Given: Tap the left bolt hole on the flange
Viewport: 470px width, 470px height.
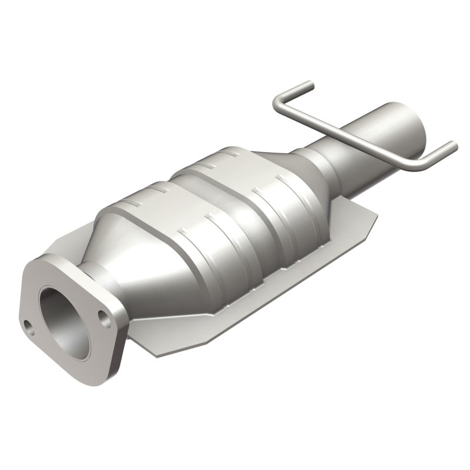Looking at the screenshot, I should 28,323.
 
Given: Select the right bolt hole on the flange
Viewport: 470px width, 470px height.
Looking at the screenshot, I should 104,319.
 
